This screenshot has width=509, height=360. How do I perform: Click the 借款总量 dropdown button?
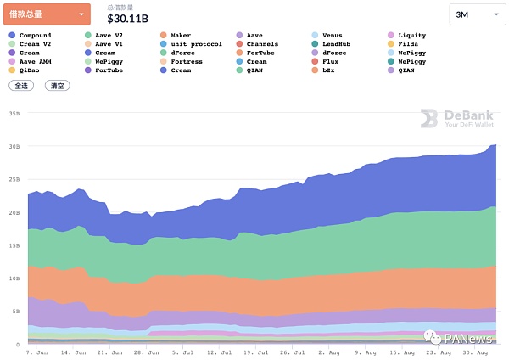point(48,14)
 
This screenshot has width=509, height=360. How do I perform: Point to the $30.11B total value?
point(127,19)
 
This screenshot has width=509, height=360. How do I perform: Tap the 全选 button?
point(20,86)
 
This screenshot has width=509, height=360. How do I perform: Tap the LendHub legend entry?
point(333,44)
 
